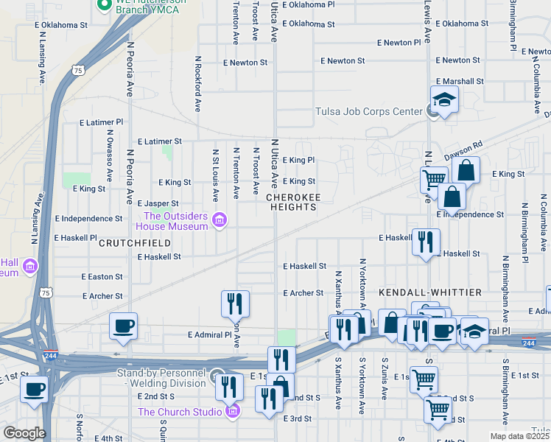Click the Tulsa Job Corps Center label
pyautogui.click(x=368, y=112)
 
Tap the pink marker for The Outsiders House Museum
pyautogui.click(x=219, y=221)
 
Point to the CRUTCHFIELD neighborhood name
pyautogui.click(x=130, y=242)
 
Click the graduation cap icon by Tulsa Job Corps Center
pyautogui.click(x=444, y=99)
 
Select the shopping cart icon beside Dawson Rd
pyautogui.click(x=434, y=178)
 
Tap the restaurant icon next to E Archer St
pyautogui.click(x=235, y=303)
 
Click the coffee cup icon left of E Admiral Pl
pyautogui.click(x=123, y=326)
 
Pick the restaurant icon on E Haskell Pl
pyautogui.click(x=426, y=242)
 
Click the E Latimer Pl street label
pyautogui.click(x=100, y=122)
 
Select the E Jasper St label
pyautogui.click(x=158, y=203)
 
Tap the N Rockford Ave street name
pyautogui.click(x=198, y=83)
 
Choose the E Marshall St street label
pyautogui.click(x=458, y=82)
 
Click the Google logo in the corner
pyautogui.click(x=24, y=433)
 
